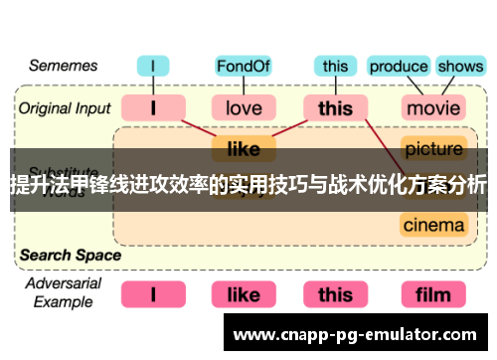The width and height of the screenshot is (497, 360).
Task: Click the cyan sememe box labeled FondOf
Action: click(x=244, y=67)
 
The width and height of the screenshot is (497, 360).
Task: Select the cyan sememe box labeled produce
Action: click(x=398, y=67)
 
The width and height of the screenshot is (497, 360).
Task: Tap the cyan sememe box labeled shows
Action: click(x=459, y=67)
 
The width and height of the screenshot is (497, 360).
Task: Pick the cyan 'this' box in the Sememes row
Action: click(x=335, y=67)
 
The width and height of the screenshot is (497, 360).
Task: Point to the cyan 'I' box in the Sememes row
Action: click(x=153, y=67)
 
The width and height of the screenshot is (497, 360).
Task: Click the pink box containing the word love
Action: click(x=244, y=106)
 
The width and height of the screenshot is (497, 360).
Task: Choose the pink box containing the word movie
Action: click(x=433, y=106)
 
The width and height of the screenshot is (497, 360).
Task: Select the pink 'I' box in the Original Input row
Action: click(x=153, y=106)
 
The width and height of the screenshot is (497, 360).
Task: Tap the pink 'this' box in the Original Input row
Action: click(x=335, y=106)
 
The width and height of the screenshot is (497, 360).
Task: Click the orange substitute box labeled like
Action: click(x=244, y=149)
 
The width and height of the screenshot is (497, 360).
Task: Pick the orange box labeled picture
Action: click(x=433, y=149)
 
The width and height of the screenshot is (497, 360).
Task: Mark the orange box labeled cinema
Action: click(x=433, y=225)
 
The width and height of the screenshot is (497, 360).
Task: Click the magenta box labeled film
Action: click(x=433, y=294)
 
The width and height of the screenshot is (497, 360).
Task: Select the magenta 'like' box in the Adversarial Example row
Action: click(x=244, y=294)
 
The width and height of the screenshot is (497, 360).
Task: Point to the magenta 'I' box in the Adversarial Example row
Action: click(x=153, y=294)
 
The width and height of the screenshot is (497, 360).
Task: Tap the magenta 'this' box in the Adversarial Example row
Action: click(x=335, y=294)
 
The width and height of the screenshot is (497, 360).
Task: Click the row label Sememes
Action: click(x=63, y=66)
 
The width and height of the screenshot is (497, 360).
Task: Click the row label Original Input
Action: click(x=63, y=106)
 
